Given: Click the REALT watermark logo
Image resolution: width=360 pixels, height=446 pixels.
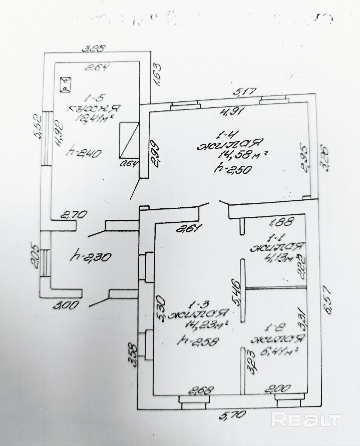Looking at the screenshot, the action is [306, 419].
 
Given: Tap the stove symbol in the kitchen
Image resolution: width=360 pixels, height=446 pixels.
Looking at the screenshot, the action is [65, 85].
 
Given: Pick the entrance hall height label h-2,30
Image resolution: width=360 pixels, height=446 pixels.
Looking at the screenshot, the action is [91, 257].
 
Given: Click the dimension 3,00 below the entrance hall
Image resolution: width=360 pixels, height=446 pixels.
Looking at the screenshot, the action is [66, 306].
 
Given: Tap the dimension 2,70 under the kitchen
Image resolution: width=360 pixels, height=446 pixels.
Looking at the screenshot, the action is [73, 215].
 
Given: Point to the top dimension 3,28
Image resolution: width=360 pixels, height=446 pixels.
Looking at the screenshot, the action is [93, 49].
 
